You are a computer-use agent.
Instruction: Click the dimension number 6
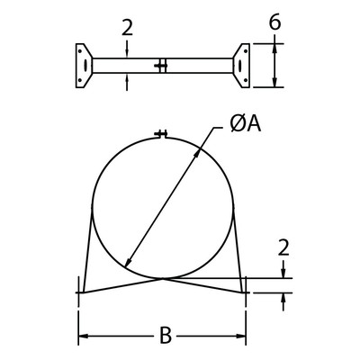[x=275, y=21]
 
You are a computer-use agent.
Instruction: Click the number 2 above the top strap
[x=127, y=28]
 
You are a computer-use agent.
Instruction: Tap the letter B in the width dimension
[x=165, y=337]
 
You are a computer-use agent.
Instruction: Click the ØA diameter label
[x=238, y=124]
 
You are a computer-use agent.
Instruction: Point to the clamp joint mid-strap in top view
[x=161, y=66]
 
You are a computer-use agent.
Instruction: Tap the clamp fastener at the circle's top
[x=162, y=135]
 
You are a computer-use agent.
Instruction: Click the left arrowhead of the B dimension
[x=85, y=337]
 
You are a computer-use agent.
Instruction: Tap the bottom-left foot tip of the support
[x=79, y=292]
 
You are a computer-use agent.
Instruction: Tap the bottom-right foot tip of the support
[x=246, y=292]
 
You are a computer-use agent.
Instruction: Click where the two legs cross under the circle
[x=163, y=277]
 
